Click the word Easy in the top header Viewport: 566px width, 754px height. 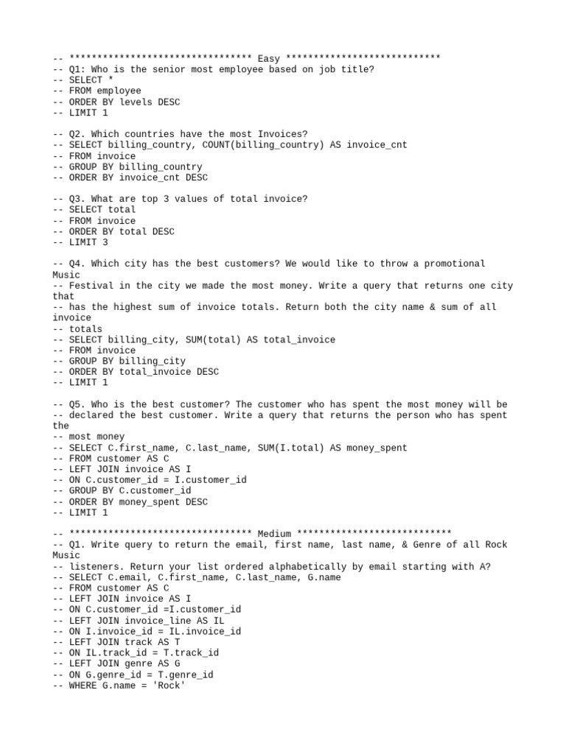pyautogui.click(x=268, y=59)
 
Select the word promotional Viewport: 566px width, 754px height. pyautogui.click(x=445, y=264)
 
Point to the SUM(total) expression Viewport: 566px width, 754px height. pyautogui.click(x=190, y=339)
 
